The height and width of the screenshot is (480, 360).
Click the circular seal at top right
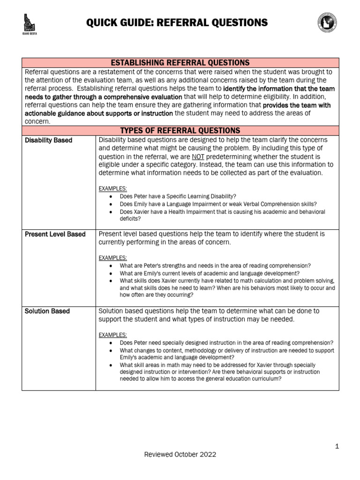point(327,23)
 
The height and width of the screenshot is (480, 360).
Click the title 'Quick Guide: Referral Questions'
point(177,22)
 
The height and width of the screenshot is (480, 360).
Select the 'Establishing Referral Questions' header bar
point(180,63)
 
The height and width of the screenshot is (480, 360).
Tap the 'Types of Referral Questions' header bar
point(180,130)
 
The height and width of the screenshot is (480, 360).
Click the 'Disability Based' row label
point(48,140)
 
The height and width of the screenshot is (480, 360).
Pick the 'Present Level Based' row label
point(55,234)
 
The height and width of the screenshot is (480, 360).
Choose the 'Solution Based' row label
point(47,311)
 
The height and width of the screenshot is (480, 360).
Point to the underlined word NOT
point(198,157)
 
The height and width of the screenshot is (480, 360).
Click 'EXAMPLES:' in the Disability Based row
point(112,188)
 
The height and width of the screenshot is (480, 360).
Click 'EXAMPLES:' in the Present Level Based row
point(112,258)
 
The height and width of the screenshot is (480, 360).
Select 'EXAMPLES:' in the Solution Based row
point(112,335)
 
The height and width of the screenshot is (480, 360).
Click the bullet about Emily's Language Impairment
point(218,204)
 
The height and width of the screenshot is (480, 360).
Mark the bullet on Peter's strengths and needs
point(215,265)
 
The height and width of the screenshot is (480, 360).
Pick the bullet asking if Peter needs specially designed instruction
point(226,343)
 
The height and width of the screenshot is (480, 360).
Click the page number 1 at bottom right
point(337,447)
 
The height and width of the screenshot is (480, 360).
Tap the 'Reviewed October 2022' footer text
point(180,454)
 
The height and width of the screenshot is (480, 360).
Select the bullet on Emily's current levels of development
point(210,273)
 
